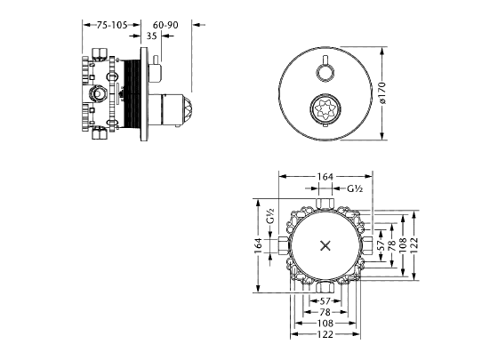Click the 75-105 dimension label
[x=113, y=26]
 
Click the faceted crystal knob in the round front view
[x=322, y=111]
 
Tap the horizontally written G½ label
[x=354, y=188]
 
